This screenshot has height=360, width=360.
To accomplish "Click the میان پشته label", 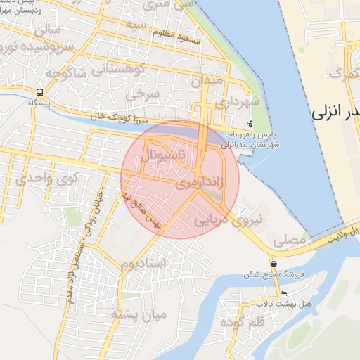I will pos(139,314).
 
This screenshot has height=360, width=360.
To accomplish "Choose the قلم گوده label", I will pos(245,321).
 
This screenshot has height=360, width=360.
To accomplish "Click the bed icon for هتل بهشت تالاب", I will pos(283,294).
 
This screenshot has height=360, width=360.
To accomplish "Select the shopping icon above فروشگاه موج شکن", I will pos(274,264).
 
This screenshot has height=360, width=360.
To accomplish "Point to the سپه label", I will pos(135,24).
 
